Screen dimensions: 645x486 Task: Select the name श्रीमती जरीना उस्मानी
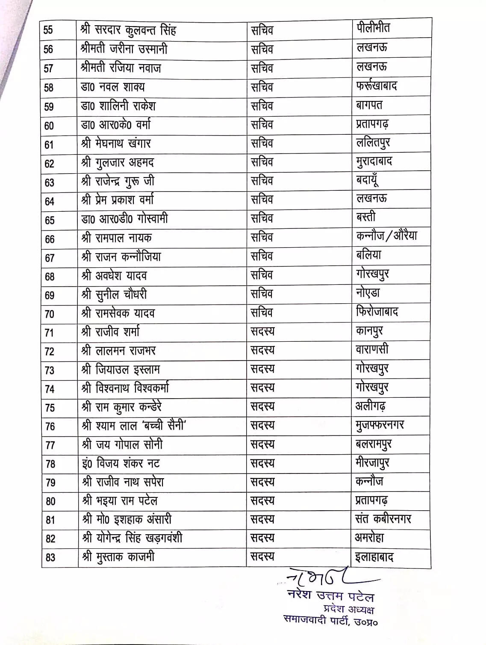124,49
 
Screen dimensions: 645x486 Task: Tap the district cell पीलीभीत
373,28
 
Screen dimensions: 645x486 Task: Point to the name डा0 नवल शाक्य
113,87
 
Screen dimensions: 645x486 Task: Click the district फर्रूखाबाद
377,86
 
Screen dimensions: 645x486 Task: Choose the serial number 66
50,239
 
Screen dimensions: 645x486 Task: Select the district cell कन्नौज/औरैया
386,236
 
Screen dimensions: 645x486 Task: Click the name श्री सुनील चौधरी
115,295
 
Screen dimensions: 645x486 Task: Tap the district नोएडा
368,293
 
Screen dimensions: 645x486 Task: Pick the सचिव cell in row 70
262,313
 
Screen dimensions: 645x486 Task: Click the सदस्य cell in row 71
262,331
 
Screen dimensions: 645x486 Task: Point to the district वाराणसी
372,349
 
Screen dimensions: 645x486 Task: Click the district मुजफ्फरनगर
380,425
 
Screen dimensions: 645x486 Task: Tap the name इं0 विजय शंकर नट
121,463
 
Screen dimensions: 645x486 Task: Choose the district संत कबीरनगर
383,519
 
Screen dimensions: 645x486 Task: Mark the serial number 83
50,557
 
